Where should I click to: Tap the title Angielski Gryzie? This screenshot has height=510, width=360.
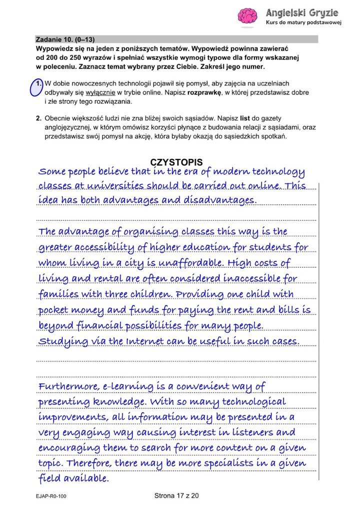[302, 12]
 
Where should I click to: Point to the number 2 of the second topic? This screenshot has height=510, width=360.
[38, 119]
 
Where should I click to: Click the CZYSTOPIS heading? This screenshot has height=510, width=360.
[176, 162]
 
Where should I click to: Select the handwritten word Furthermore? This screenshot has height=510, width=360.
[68, 386]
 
